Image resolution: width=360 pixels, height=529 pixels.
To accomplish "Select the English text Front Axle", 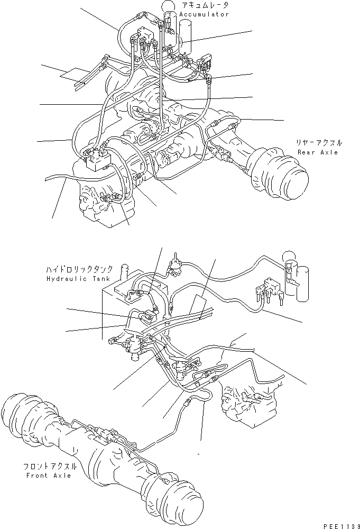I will (49, 476).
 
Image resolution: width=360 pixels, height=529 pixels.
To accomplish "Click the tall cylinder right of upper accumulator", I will (185, 37).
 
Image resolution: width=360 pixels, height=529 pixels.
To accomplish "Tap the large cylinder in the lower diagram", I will (302, 286).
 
